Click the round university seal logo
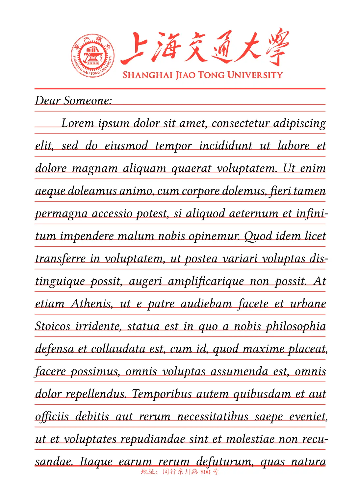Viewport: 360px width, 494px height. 93,56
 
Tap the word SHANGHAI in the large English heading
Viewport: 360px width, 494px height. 148,75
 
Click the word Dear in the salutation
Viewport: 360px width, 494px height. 47,101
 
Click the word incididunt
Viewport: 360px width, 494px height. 226,146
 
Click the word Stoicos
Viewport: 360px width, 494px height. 53,326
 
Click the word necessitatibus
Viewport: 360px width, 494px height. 213,417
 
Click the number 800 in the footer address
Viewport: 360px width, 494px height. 205,472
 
